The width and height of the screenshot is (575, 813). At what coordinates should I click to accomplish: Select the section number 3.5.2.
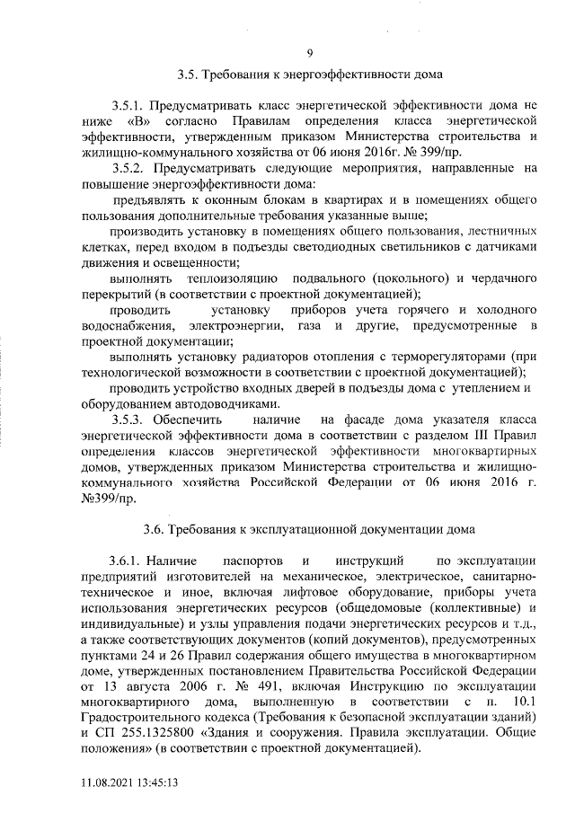[130, 168]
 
